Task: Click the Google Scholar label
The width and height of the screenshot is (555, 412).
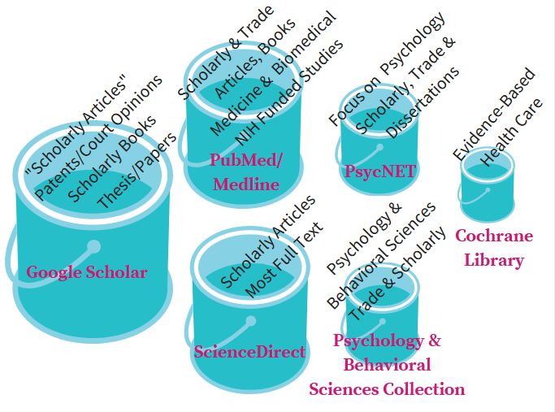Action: [x=87, y=272]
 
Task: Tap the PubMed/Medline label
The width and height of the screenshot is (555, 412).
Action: [x=246, y=172]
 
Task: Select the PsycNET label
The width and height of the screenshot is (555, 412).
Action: [x=379, y=171]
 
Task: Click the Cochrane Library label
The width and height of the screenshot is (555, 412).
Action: [x=494, y=248]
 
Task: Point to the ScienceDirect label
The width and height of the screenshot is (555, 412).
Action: [x=249, y=352]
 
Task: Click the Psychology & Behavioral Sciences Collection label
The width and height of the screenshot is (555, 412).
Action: [x=387, y=365]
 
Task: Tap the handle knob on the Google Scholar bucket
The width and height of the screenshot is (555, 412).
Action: [x=93, y=246]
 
